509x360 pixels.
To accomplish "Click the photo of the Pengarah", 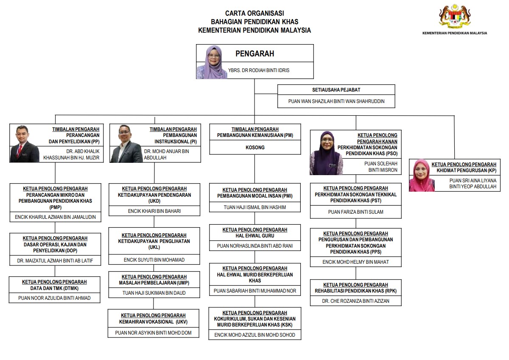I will point(212,62).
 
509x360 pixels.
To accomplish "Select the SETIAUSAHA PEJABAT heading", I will point(336,90).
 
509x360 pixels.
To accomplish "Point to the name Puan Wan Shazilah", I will point(336,102).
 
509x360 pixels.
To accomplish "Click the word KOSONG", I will point(255,148).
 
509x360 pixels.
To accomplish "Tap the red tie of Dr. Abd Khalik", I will point(20,152).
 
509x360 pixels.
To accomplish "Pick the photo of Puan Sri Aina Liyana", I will point(422,176).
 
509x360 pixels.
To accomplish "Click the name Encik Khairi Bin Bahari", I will point(154,211).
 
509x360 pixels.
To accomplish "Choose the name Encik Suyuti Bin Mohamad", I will point(154,260).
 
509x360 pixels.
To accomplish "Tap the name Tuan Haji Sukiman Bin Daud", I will point(154,293).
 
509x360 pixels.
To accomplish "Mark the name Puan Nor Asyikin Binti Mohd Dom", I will point(153,333).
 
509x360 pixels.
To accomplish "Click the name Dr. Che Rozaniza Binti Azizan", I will point(355,301).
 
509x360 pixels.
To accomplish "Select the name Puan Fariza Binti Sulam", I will point(355,212).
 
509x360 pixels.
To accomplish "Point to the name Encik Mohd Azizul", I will point(255,335).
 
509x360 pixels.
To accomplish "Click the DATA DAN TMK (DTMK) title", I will point(54,288).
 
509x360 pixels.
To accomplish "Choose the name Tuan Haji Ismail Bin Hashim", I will point(255,207).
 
